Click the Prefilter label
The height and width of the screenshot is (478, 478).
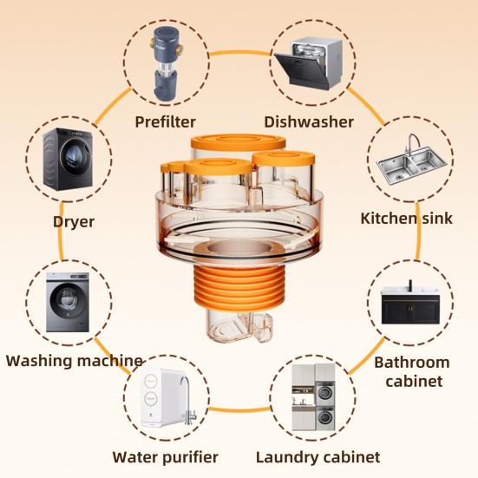coord(165,122)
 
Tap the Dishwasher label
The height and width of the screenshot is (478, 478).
coord(309,122)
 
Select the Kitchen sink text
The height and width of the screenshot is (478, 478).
coord(406,219)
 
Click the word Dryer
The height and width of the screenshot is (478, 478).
coord(74,221)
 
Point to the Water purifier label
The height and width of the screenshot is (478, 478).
coord(165,457)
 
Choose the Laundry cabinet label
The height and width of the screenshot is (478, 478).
coord(318,457)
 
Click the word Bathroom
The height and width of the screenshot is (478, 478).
coord(412,363)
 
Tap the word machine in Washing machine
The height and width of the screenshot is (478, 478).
coord(109,361)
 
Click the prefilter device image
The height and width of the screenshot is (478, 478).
coord(165,63)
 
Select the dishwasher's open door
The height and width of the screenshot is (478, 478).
coord(298,69)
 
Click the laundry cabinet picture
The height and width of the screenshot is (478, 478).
coord(313,397)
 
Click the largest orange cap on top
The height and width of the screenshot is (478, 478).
coord(238,141)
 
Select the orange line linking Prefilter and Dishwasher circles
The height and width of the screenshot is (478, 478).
coord(239,53)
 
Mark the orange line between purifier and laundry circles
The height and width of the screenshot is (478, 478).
coord(239,409)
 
